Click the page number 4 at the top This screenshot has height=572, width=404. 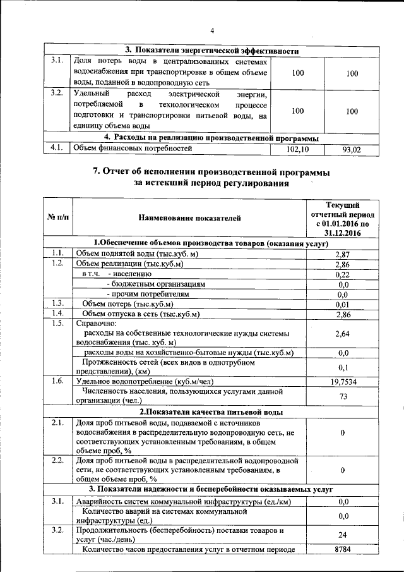pyautogui.click(x=213, y=30)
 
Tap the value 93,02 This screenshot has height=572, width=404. pyautogui.click(x=352, y=150)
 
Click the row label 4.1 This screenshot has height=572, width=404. pyautogui.click(x=56, y=149)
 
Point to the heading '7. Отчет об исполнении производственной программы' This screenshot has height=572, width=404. pyautogui.click(x=211, y=172)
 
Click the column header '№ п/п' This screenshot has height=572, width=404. pyautogui.click(x=59, y=218)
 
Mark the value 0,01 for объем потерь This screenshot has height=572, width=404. pyautogui.click(x=343, y=304)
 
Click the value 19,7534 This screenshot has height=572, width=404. pyautogui.click(x=343, y=381)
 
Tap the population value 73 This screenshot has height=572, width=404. pyautogui.click(x=343, y=396)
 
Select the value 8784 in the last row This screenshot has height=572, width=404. pyautogui.click(x=343, y=549)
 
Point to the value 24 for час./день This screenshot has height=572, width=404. pyautogui.click(x=343, y=534)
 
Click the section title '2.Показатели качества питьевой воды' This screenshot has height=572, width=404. pyautogui.click(x=211, y=412)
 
